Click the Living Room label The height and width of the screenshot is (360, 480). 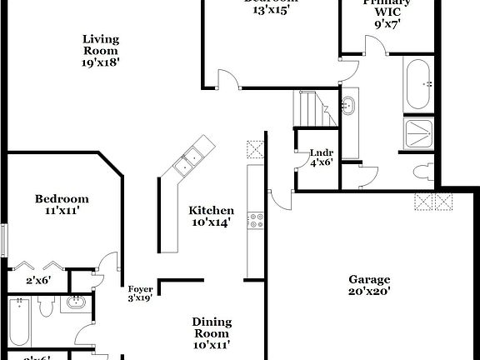102,50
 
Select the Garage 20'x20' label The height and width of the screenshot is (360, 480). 369,285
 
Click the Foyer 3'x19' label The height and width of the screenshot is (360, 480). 139,292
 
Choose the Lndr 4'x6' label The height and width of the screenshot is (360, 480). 321,157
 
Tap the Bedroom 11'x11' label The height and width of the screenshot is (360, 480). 62,205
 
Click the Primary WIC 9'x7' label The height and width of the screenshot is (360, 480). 387,13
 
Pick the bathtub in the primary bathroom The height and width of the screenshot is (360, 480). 417,84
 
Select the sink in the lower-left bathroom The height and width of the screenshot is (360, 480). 77,303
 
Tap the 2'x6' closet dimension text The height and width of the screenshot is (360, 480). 38,281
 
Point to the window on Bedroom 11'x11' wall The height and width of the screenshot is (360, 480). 3,240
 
